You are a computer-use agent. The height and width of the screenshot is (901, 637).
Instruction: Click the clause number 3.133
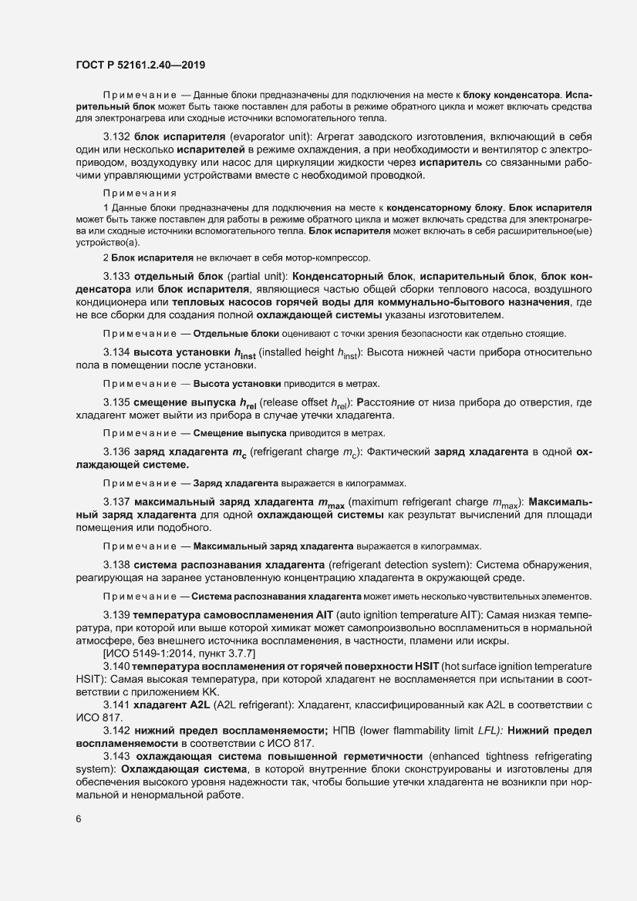click(117, 276)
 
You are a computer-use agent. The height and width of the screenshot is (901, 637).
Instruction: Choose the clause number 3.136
click(117, 451)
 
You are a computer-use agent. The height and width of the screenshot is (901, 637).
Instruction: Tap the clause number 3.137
click(117, 502)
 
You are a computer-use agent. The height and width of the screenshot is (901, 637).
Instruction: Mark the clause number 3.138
click(117, 565)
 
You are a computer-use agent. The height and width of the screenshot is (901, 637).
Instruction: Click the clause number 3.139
click(117, 616)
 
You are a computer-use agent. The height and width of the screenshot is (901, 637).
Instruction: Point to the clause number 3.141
click(117, 704)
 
